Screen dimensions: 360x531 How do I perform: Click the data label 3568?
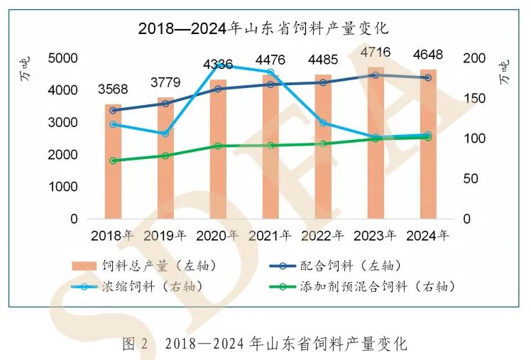click(x=114, y=89)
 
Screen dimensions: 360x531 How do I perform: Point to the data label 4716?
click(x=376, y=53)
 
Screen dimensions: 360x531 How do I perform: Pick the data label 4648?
click(x=428, y=55)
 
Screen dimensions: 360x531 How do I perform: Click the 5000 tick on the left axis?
click(x=63, y=58)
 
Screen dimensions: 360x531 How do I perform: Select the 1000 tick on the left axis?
click(x=63, y=187)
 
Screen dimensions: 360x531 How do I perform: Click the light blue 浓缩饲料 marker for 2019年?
click(x=165, y=133)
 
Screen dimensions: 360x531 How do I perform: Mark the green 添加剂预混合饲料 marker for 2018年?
click(x=114, y=160)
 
